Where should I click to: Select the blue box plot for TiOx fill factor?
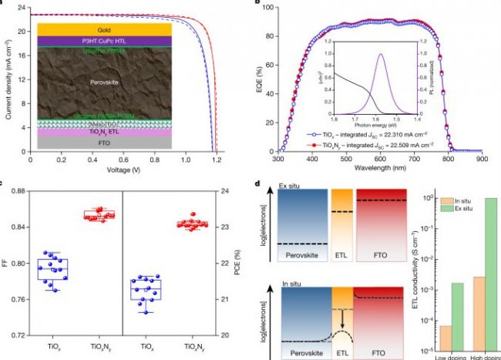[52, 269]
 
